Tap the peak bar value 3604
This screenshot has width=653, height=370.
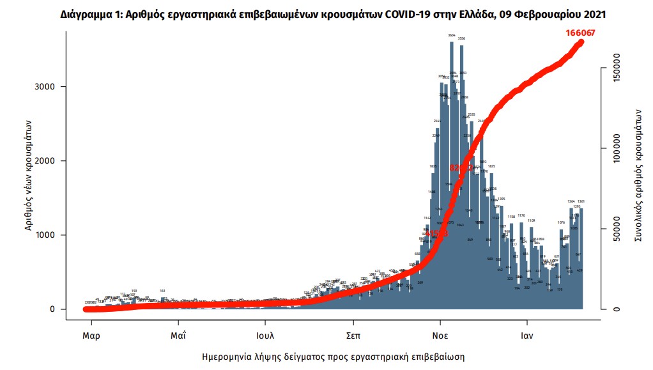pyautogui.click(x=452, y=35)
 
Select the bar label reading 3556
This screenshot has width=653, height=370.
pyautogui.click(x=461, y=39)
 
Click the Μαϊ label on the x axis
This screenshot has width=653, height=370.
pyautogui.click(x=178, y=334)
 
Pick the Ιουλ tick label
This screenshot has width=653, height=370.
pyautogui.click(x=265, y=334)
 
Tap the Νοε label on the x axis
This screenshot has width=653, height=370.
pyautogui.click(x=439, y=334)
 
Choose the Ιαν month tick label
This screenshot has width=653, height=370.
pyautogui.click(x=526, y=334)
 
